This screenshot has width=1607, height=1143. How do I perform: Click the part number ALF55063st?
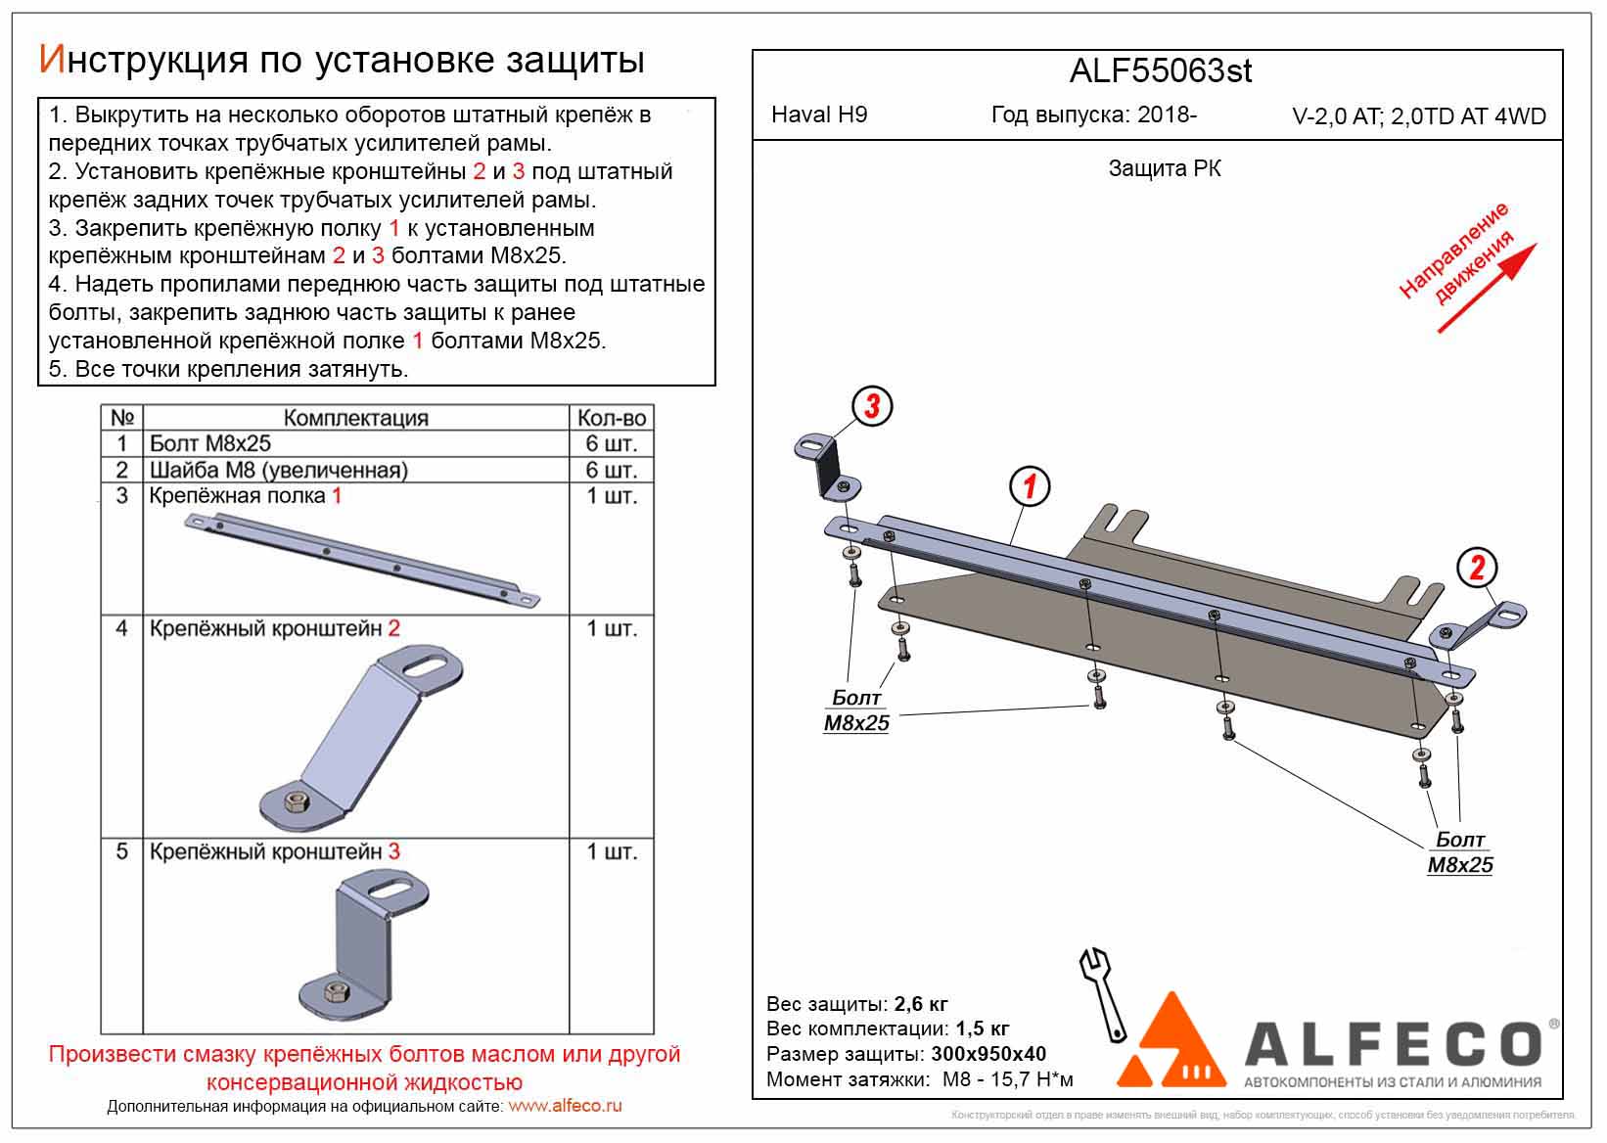click(x=1161, y=70)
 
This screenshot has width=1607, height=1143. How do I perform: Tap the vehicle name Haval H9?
click(x=819, y=114)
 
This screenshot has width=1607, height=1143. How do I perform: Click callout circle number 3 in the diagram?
click(x=873, y=405)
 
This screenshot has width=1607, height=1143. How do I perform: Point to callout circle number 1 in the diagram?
click(x=1030, y=486)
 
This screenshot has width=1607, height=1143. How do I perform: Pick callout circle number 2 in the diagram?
click(x=1477, y=568)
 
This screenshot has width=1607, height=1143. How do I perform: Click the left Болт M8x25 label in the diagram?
click(x=856, y=710)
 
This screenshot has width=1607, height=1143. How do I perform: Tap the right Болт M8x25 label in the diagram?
click(x=1460, y=852)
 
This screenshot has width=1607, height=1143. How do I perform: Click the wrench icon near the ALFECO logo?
click(x=1103, y=993)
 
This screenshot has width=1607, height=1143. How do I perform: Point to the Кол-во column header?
click(x=612, y=418)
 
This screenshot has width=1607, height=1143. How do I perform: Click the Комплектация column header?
click(x=356, y=418)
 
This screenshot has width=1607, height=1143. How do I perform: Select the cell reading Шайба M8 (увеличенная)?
click(x=278, y=470)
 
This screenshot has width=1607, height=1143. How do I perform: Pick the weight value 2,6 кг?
click(x=921, y=1004)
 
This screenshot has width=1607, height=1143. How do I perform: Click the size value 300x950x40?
click(x=987, y=1054)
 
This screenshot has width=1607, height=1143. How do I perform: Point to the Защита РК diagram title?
click(x=1165, y=168)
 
